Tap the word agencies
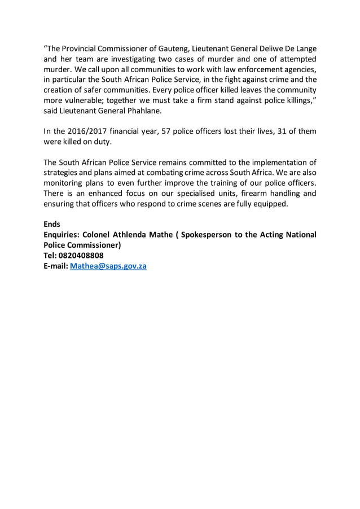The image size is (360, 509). (298, 70)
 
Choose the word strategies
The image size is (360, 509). (63, 173)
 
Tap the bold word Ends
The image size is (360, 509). (52, 224)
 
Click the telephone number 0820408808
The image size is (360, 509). (81, 255)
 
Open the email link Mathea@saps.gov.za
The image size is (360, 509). (108, 265)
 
